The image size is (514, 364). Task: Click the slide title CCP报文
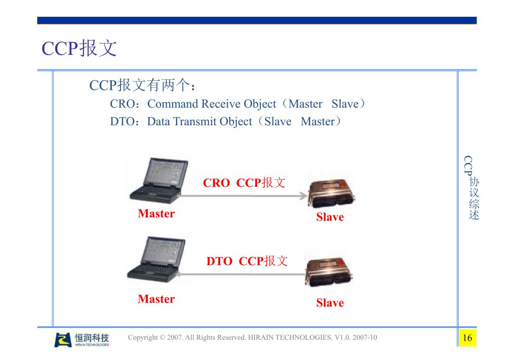pyautogui.click(x=79, y=48)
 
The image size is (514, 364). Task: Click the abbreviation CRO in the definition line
pyautogui.click(x=122, y=104)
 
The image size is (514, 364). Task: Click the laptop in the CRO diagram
pyautogui.click(x=159, y=181)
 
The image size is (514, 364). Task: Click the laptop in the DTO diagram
pyautogui.click(x=156, y=260)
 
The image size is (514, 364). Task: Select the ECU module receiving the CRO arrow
pyautogui.click(x=332, y=194)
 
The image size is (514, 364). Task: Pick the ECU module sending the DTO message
pyautogui.click(x=329, y=272)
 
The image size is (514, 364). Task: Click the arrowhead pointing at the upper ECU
pyautogui.click(x=304, y=196)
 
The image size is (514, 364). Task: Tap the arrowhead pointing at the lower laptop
pyautogui.click(x=177, y=274)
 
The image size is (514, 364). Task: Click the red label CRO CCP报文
pyautogui.click(x=244, y=183)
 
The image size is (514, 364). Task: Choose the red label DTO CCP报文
pyautogui.click(x=247, y=261)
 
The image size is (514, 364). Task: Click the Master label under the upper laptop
pyautogui.click(x=156, y=214)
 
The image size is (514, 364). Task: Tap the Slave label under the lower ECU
pyautogui.click(x=330, y=303)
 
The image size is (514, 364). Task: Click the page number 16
pyautogui.click(x=468, y=338)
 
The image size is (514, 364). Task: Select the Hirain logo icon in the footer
pyautogui.click(x=63, y=340)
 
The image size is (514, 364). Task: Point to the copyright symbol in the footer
pyautogui.click(x=162, y=337)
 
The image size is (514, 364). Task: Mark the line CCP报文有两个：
pyautogui.click(x=142, y=85)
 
